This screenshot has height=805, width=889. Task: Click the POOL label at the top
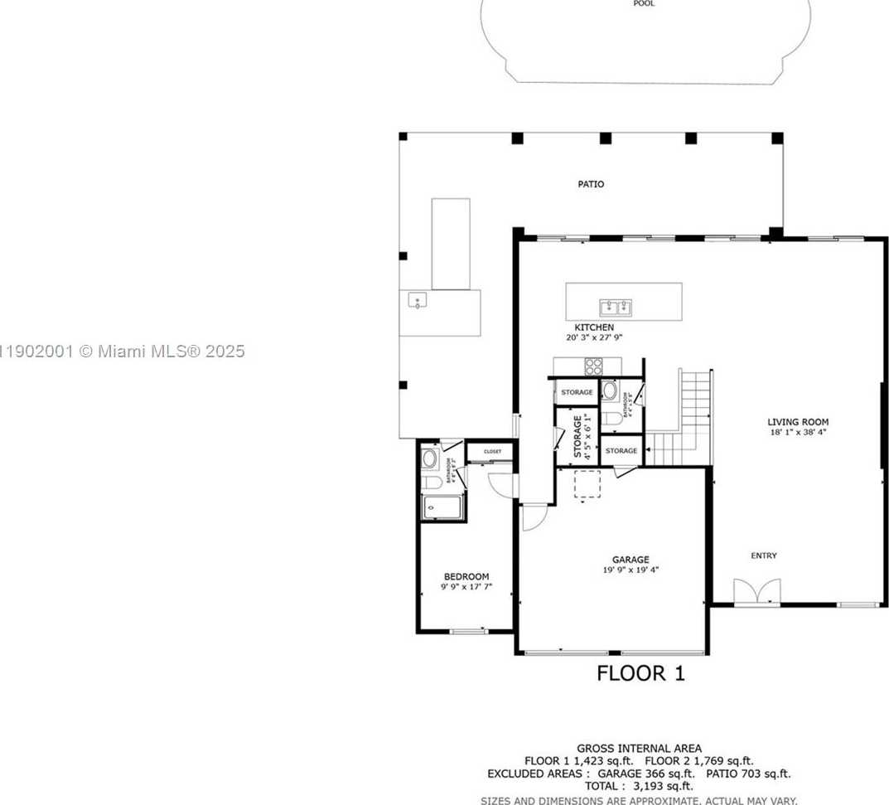tap(644, 4)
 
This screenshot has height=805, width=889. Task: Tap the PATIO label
tap(591, 184)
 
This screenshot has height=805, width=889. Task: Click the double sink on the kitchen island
tap(616, 308)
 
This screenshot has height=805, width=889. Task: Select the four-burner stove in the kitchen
tap(594, 366)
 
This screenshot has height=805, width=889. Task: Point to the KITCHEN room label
tap(594, 327)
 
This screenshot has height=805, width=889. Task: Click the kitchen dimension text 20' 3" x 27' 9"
tap(594, 338)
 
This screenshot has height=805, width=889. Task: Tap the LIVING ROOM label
tap(797, 422)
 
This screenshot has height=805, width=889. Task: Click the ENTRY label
tap(764, 555)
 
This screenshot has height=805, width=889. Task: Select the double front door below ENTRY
tap(757, 591)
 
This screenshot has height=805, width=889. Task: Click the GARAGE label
tap(631, 560)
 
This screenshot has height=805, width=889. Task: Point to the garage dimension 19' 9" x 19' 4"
tap(631, 570)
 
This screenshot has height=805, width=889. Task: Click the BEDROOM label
tap(466, 576)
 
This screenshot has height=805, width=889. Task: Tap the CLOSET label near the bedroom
tap(492, 452)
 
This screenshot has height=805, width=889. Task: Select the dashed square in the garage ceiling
tap(587, 485)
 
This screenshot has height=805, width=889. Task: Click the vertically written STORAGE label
tap(577, 436)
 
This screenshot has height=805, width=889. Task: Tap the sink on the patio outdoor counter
tap(417, 301)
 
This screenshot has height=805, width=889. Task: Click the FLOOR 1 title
tap(640, 673)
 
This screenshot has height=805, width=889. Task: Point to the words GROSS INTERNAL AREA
tap(639, 749)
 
